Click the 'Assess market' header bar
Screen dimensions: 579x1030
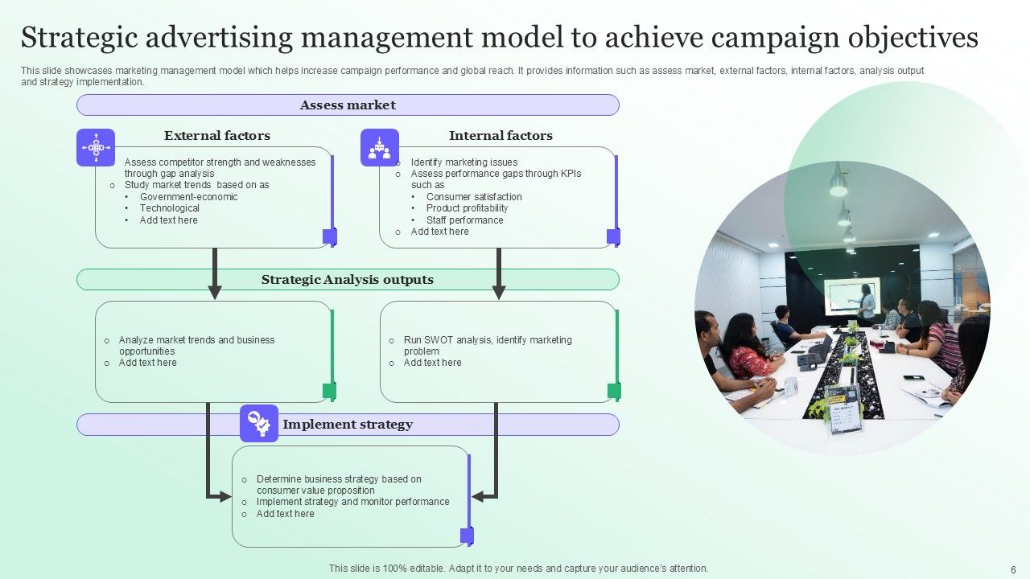pyautogui.click(x=348, y=105)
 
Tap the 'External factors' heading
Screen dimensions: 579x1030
pyautogui.click(x=217, y=136)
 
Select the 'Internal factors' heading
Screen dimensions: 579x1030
pyautogui.click(x=501, y=136)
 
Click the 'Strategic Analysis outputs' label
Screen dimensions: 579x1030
pyautogui.click(x=348, y=280)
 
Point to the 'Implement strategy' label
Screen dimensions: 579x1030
pyautogui.click(x=348, y=425)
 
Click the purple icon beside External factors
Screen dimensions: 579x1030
pyautogui.click(x=96, y=148)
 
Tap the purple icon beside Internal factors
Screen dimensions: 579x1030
pyautogui.click(x=379, y=148)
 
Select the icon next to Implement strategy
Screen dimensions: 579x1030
pyautogui.click(x=259, y=423)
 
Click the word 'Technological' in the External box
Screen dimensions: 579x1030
pyautogui.click(x=170, y=208)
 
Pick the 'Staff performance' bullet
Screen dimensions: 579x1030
pyautogui.click(x=465, y=220)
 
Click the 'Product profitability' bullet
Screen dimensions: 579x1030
pyautogui.click(x=468, y=208)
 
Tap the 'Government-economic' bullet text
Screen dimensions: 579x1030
pyautogui.click(x=189, y=197)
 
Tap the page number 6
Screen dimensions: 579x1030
pyautogui.click(x=1013, y=569)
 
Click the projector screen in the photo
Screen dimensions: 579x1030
pyautogui.click(x=850, y=296)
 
